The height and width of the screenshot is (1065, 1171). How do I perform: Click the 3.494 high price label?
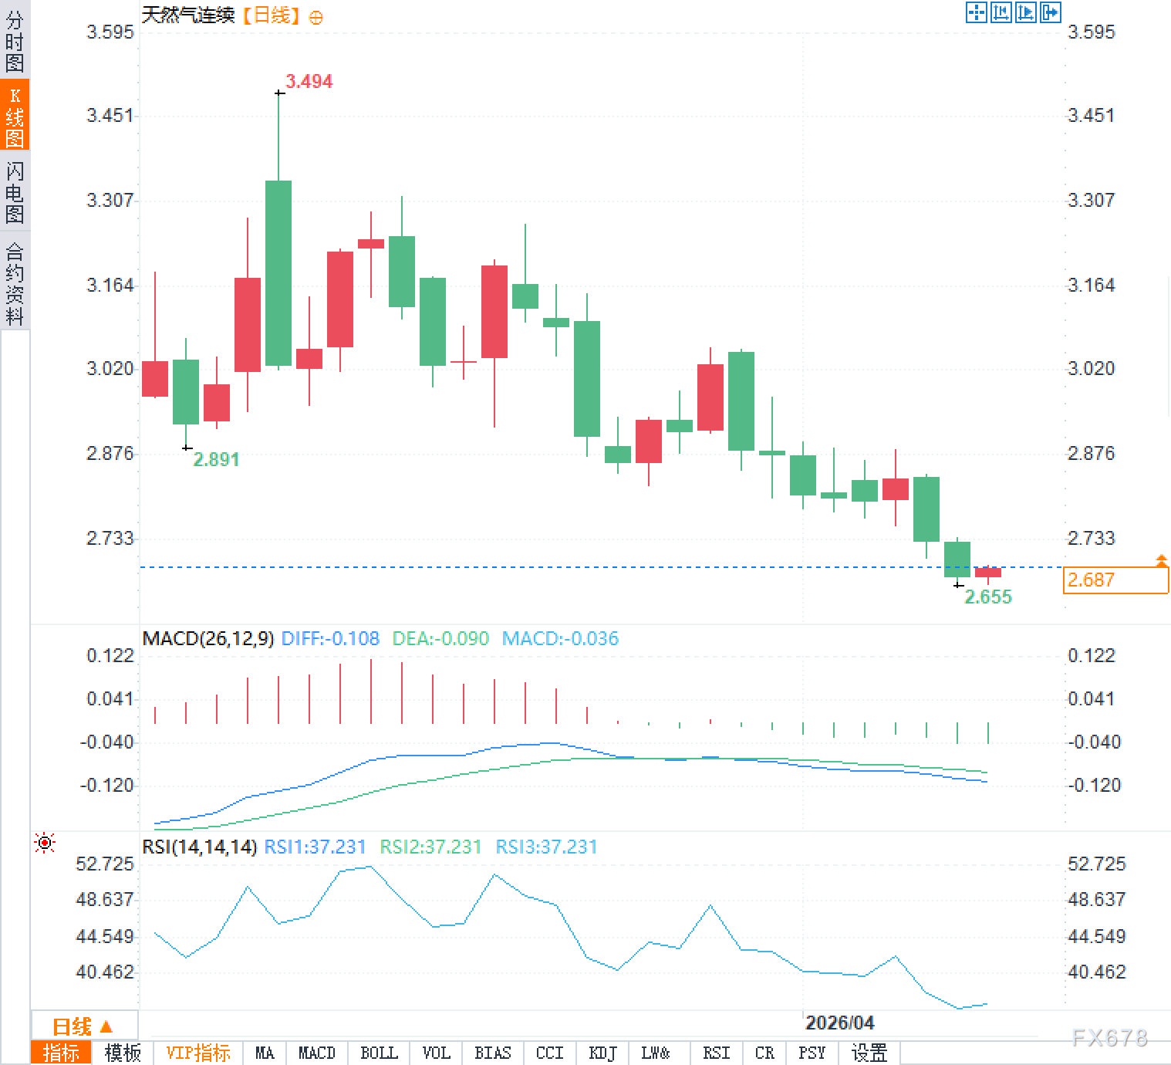[309, 81]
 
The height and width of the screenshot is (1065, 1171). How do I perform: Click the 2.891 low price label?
[216, 460]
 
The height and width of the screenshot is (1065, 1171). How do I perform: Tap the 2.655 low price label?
[988, 597]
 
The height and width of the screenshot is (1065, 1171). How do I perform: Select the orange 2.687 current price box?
[1115, 580]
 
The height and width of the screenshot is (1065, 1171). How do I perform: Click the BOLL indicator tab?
[379, 1053]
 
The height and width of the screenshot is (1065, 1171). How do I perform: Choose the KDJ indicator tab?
[602, 1053]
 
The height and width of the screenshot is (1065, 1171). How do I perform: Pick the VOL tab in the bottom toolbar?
[437, 1053]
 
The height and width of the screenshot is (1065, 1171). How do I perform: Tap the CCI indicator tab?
[549, 1053]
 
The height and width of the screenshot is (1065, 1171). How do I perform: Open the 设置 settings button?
[869, 1053]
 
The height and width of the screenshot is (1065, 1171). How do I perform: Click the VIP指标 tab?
[198, 1053]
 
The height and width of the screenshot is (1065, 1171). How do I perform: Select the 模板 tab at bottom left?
[123, 1053]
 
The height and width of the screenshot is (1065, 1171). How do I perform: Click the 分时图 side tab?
[15, 41]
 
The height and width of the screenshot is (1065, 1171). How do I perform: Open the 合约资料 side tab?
[15, 283]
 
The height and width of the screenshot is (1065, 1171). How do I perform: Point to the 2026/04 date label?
[839, 1023]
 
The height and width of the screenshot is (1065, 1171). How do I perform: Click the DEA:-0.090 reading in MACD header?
[440, 639]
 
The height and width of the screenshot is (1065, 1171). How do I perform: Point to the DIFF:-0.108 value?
[330, 639]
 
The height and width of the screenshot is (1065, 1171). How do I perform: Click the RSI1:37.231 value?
[315, 847]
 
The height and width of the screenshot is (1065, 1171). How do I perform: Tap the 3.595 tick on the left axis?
[110, 32]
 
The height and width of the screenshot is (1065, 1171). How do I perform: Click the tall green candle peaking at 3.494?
[278, 272]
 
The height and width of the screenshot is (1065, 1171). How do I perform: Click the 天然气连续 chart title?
[188, 15]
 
